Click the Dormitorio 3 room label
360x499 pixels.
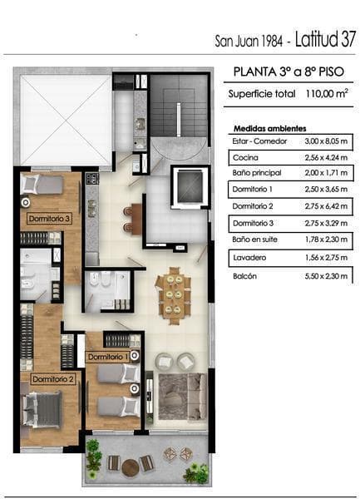tap(49, 219)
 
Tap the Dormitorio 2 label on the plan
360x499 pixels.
tap(53, 379)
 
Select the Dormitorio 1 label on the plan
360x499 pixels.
tap(108, 357)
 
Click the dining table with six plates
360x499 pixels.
tap(174, 295)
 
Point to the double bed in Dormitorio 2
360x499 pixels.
tap(42, 409)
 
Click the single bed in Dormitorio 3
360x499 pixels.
tap(42, 185)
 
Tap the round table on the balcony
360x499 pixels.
tap(131, 467)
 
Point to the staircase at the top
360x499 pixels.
tap(179, 105)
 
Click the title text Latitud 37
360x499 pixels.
tap(325, 39)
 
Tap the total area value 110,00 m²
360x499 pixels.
tap(327, 93)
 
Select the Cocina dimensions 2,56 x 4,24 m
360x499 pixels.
tap(326, 157)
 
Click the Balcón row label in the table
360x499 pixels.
tap(244, 276)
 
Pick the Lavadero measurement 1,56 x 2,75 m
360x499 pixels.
tap(326, 258)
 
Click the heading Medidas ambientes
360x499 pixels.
tap(269, 129)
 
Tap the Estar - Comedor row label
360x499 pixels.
tap(259, 141)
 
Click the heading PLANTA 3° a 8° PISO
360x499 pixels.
tap(288, 72)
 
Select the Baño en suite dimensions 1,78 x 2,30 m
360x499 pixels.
tap(326, 240)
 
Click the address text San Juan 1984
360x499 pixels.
tap(249, 42)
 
